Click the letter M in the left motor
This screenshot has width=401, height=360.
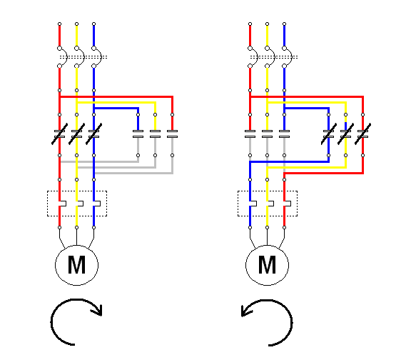pos(76,265)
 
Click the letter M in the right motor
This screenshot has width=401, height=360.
pos(267,265)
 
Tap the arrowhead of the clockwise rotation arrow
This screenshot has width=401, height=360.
pos(98,310)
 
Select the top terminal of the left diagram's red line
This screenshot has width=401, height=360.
pos(60,24)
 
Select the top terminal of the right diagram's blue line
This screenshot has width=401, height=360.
pos(285,24)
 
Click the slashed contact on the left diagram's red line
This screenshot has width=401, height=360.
pos(60,134)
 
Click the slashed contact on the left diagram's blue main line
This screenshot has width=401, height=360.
pos(94,134)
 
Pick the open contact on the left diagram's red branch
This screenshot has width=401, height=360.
pos(173,134)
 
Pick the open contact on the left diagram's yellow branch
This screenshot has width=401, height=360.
pos(156,134)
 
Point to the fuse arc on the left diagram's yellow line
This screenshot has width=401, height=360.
pos(82,57)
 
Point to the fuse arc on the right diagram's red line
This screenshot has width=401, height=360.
pos(255,57)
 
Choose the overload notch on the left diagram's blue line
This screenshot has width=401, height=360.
pos(96,204)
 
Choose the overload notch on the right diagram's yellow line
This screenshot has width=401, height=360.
pos(270,204)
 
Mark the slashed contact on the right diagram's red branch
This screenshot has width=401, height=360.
pos(363,134)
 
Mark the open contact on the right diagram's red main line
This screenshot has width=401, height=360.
pos(250,134)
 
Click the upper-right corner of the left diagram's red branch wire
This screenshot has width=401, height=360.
pos(173,96)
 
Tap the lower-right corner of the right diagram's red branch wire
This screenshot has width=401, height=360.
pos(363,173)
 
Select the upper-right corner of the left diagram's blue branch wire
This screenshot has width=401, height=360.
pos(138,109)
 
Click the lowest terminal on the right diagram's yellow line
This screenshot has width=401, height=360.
pos(268,227)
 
